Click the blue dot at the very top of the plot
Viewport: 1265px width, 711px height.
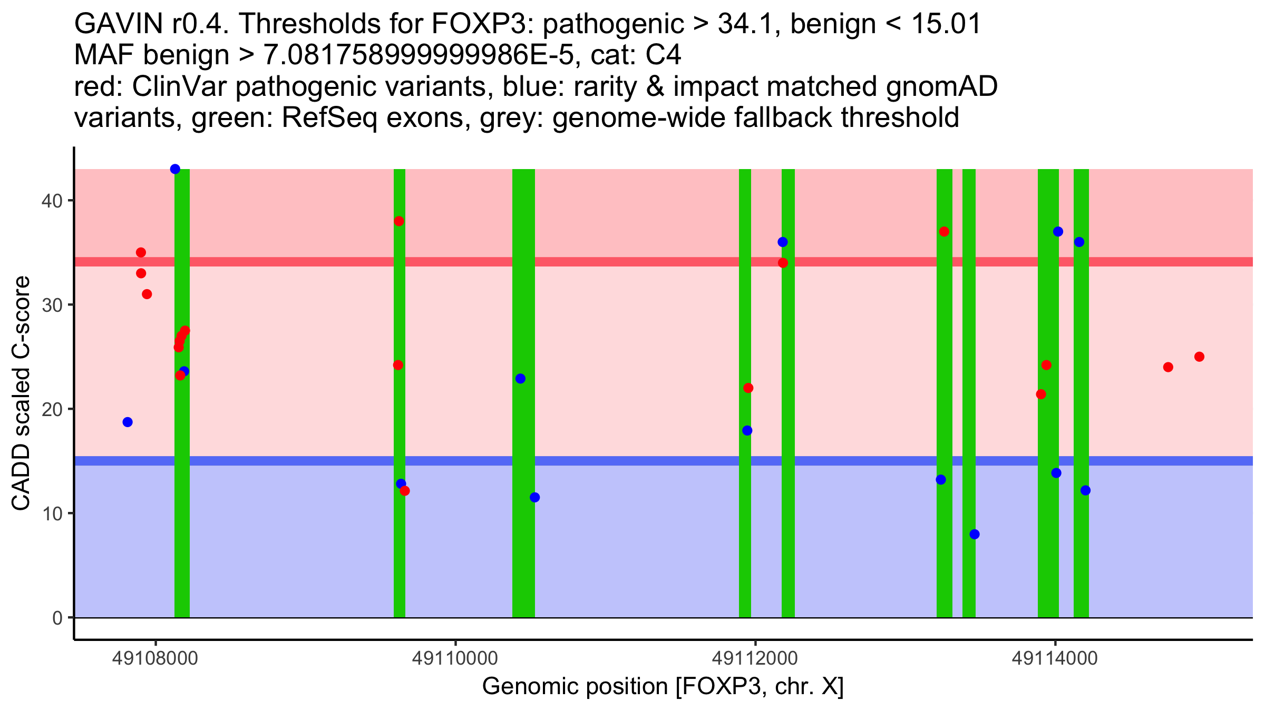click(x=175, y=169)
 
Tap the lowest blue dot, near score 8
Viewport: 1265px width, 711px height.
click(x=974, y=534)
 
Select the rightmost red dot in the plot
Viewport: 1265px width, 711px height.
click(x=1199, y=357)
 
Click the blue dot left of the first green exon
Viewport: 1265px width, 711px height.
click(x=128, y=422)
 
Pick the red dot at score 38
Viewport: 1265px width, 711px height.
click(x=399, y=221)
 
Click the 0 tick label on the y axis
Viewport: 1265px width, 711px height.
click(x=57, y=618)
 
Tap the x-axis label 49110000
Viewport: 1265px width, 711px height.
click(x=455, y=658)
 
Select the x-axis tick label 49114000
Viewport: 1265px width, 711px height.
click(x=1055, y=658)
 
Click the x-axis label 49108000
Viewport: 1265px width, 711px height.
click(x=155, y=658)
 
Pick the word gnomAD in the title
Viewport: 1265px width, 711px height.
click(x=942, y=86)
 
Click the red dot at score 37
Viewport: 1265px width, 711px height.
click(x=944, y=232)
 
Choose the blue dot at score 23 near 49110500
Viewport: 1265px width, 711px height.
click(x=520, y=379)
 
